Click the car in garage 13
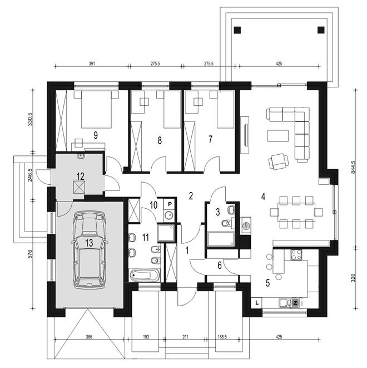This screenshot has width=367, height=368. point(90,250)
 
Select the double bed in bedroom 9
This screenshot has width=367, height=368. point(96,109)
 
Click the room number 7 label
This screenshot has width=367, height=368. point(210,139)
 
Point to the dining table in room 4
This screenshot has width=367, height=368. point(296,212)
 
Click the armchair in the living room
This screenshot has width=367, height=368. point(279,161)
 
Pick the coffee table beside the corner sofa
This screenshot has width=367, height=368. point(278,136)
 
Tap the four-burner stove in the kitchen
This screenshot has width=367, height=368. point(296,254)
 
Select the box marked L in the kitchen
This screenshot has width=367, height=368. point(257,302)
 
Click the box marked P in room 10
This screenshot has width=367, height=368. point(170,204)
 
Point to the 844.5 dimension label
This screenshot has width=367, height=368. point(354,167)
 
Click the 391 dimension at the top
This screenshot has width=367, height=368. point(92,63)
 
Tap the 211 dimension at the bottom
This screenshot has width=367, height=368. point(185,337)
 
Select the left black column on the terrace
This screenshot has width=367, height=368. point(237,30)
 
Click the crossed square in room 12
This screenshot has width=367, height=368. point(79,187)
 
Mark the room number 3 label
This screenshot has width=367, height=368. point(218,212)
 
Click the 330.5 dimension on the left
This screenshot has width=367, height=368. point(30,119)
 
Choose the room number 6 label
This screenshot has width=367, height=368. point(220,266)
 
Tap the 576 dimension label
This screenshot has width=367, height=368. point(30,254)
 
